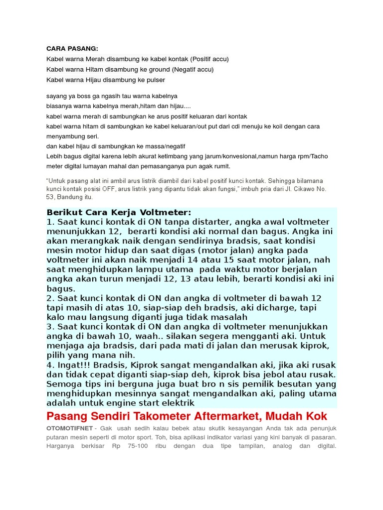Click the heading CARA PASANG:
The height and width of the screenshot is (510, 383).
72,48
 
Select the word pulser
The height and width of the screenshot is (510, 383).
156,80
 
